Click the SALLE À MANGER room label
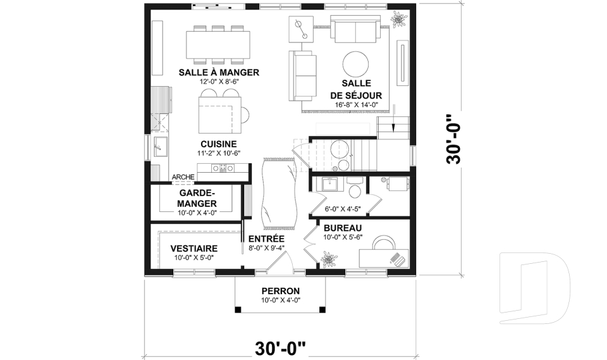click(219, 72)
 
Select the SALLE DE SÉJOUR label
click(356, 89)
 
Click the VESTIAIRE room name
click(195, 249)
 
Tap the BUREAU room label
click(342, 228)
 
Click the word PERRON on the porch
click(279, 292)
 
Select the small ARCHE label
click(183, 177)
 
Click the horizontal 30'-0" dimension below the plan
click(280, 348)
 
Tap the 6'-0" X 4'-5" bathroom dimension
click(342, 208)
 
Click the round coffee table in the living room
click(356, 64)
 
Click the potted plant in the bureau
click(328, 259)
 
